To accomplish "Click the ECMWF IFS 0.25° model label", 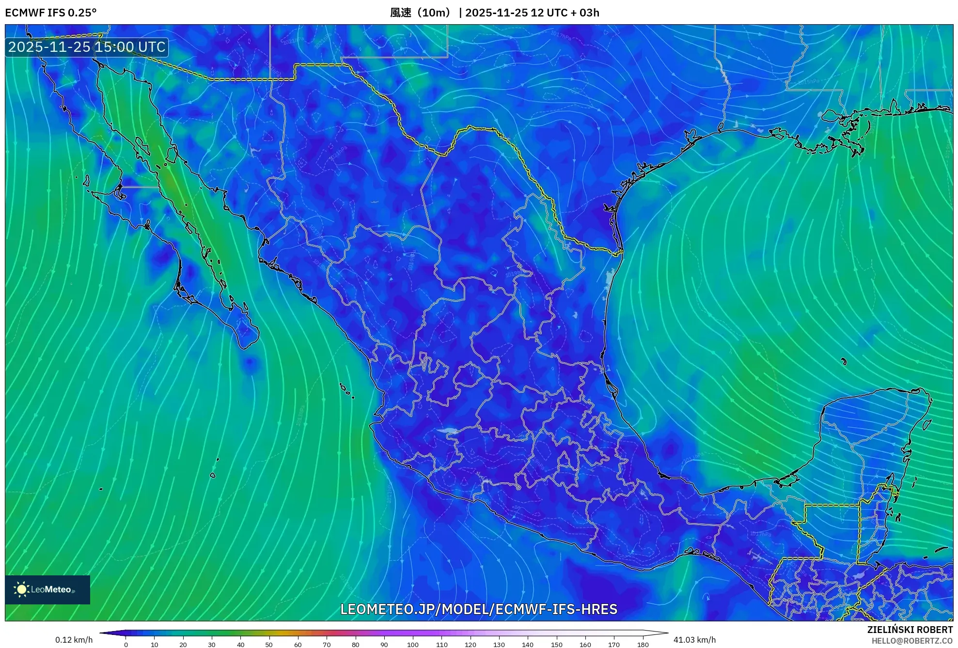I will [x=51, y=13].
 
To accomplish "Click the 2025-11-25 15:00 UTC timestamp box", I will [x=87, y=47].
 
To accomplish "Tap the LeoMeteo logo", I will [x=47, y=589].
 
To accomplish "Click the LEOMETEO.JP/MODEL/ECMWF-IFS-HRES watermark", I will [x=479, y=609].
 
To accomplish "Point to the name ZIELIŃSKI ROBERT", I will [x=910, y=630].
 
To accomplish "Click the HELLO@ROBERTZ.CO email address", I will [x=912, y=641].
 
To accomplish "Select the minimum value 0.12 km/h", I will [x=74, y=640].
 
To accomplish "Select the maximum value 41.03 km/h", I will [x=694, y=640].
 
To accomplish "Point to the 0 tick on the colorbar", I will [x=126, y=644].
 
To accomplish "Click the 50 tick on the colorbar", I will [x=269, y=644].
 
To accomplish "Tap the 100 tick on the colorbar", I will [x=413, y=644].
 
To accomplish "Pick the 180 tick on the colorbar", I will [x=643, y=644].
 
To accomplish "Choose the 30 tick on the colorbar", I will [x=212, y=644].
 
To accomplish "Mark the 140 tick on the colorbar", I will [x=528, y=644].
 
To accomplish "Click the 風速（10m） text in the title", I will [x=421, y=13].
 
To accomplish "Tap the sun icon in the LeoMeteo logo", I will [x=21, y=589].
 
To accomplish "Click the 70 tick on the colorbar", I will [x=327, y=644].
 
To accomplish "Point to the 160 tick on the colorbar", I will [x=585, y=644].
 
